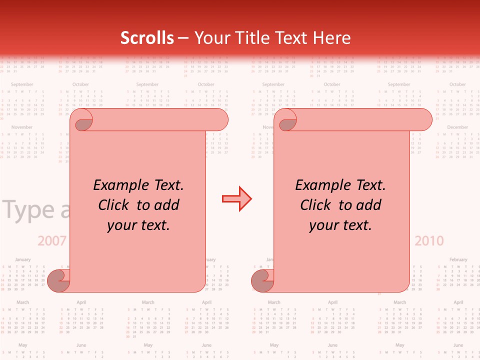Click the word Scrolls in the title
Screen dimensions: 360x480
click(x=147, y=38)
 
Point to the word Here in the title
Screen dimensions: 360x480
click(x=332, y=38)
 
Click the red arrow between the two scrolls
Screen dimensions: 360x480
click(x=236, y=199)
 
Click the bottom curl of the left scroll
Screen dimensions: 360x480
click(x=58, y=280)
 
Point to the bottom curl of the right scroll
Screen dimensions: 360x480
click(x=262, y=280)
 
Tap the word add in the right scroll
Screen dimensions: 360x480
click(x=368, y=205)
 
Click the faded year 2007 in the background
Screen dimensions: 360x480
click(x=52, y=241)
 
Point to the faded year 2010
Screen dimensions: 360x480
click(x=429, y=241)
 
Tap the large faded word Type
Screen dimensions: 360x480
click(x=30, y=210)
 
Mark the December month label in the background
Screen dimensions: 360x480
click(x=457, y=127)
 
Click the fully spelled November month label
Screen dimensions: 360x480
click(x=21, y=127)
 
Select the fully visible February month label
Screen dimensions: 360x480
click(x=458, y=259)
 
